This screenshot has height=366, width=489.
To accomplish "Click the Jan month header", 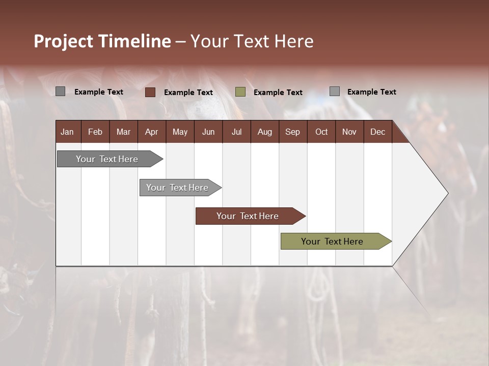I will coord(67,132).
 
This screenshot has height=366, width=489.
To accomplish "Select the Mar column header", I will coord(123,132).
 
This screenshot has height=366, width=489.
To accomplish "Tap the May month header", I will coord(180,132).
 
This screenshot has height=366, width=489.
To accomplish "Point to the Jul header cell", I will coord(236,132).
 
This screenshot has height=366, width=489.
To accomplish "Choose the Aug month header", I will coord(264,132).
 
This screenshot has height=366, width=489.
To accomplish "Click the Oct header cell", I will coord(321,132).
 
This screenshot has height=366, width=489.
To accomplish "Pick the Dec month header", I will coord(377,132).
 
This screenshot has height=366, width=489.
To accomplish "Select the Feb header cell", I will coord(95,132).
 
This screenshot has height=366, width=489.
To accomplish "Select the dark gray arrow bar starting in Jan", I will coord(107,159).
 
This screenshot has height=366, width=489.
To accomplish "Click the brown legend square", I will coord(150,92).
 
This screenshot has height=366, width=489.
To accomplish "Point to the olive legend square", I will coord(240,92).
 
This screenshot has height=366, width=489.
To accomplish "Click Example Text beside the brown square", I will coord(188,93).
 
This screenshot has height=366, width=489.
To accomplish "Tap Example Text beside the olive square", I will coord(278,93).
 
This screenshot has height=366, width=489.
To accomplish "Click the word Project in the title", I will coord(64,41).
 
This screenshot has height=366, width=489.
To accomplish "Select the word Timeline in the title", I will coord(135,41).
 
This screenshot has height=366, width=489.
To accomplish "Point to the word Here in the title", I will coord(293,41).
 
